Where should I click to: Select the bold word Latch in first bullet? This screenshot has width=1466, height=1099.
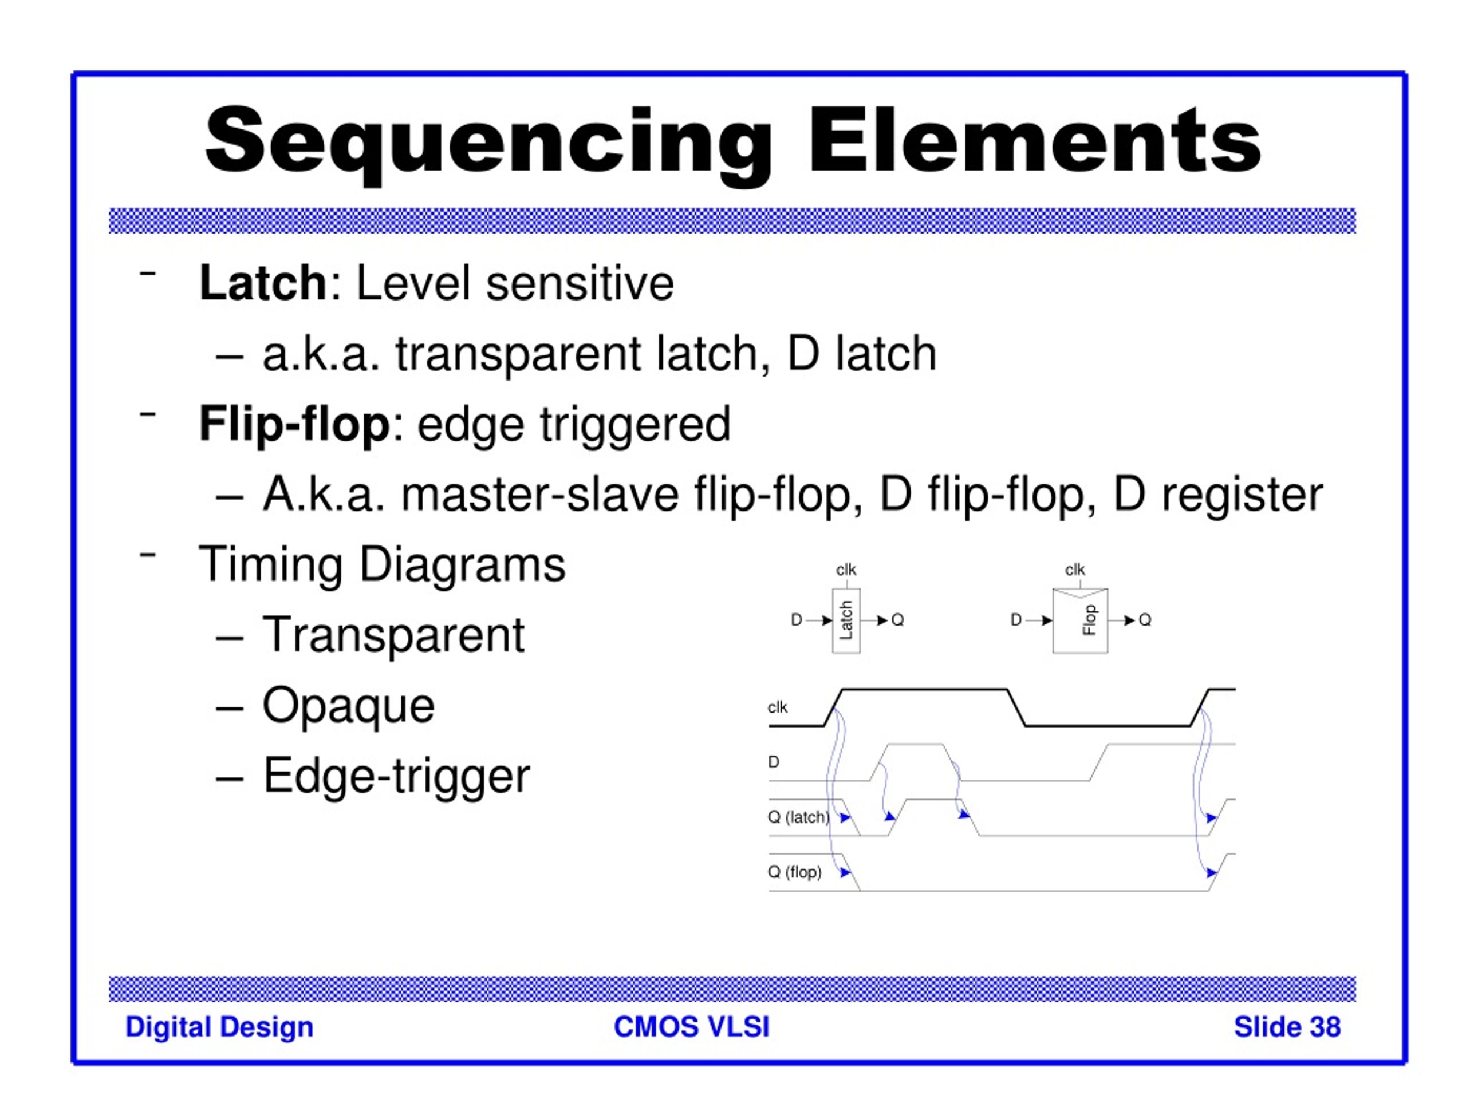click(262, 283)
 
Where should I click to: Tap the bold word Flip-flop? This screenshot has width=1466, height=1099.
click(294, 424)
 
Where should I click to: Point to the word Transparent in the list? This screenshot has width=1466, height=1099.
click(393, 635)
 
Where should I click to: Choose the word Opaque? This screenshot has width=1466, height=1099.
click(349, 706)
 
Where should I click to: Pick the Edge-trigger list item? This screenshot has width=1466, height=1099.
click(396, 776)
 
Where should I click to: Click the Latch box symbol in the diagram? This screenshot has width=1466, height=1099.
click(846, 620)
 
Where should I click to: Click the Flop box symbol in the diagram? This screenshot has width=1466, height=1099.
click(1079, 620)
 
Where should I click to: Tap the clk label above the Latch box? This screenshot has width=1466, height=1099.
click(846, 570)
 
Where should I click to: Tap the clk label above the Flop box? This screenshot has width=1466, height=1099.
click(1074, 570)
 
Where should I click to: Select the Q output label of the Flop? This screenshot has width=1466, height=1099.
click(1145, 620)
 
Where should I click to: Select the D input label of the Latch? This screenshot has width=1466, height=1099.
click(797, 620)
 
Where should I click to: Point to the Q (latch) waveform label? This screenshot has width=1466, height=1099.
click(798, 817)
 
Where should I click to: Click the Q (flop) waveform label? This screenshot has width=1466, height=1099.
click(795, 872)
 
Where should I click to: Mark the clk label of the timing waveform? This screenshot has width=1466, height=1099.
click(778, 707)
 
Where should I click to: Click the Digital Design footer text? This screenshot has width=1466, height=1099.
click(219, 1027)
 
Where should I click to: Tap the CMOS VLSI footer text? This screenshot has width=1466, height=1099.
click(691, 1027)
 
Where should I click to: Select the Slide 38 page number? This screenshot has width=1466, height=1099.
click(1286, 1027)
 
